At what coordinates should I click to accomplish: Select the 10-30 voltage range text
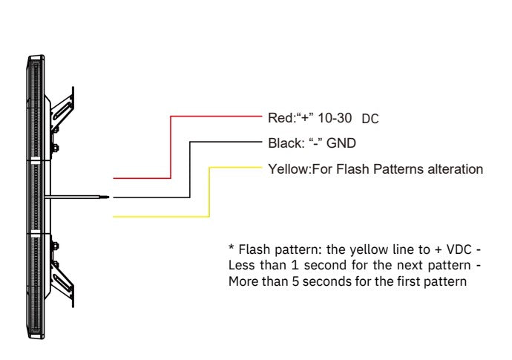(335, 118)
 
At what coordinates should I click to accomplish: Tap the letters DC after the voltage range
(370, 119)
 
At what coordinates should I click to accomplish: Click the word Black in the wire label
(284, 143)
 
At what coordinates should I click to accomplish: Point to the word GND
(341, 143)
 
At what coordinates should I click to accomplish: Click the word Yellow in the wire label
(288, 169)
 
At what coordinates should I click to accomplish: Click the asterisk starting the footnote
(232, 247)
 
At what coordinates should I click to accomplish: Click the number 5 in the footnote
(295, 281)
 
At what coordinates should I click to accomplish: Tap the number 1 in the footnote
(295, 265)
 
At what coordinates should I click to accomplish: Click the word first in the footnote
(409, 281)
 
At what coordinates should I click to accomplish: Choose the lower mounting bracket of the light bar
(62, 281)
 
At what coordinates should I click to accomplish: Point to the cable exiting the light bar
(76, 197)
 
